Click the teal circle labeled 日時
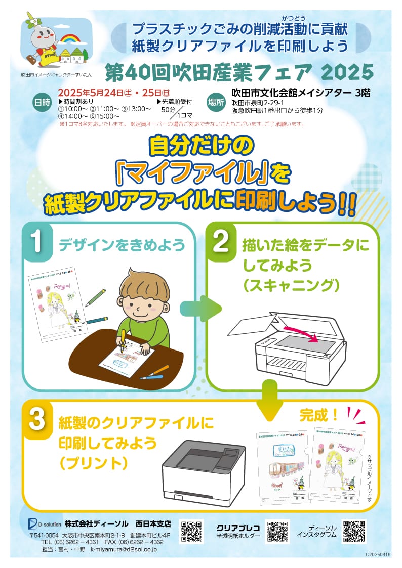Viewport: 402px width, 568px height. pos(42,102)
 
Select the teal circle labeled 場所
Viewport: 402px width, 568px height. pos(216,102)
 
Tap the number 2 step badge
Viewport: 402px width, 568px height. pos(221,242)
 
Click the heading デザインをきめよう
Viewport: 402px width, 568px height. pos(122,245)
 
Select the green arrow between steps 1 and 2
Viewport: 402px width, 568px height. pos(206,307)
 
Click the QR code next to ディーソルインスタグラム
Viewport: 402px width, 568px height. pos(354,531)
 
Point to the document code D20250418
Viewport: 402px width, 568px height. pos(378,554)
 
